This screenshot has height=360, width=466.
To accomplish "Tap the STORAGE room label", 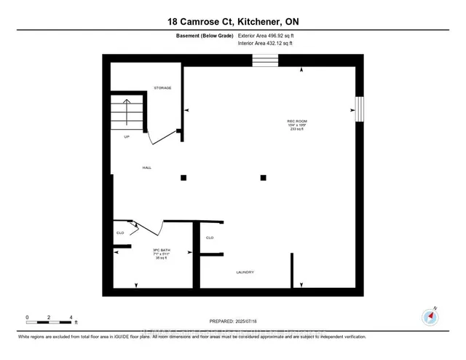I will click(162, 88).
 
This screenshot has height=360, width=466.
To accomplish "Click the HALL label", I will click(146, 168).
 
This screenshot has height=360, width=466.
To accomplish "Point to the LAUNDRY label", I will click(245, 273).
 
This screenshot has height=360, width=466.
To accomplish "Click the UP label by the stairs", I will click(127, 136).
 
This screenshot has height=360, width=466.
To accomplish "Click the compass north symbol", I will click(429, 316).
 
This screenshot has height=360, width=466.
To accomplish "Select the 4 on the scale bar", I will click(71, 317).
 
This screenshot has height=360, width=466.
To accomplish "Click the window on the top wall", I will click(261, 61).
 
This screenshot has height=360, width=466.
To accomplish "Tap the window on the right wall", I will click(358, 110).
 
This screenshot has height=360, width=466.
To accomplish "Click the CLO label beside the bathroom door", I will click(120, 233).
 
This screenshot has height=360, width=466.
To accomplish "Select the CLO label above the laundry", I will click(210, 238).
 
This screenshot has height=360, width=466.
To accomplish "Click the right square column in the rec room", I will click(264, 177).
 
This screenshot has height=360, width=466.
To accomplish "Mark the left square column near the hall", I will click(183, 177).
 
